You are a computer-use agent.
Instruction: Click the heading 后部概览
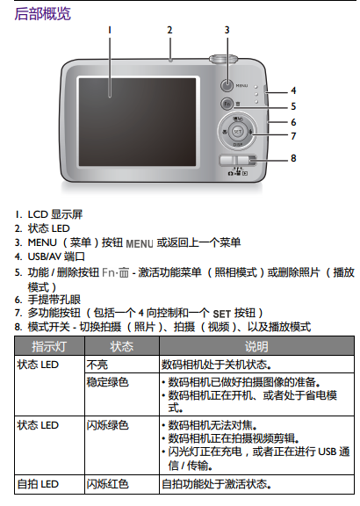42,14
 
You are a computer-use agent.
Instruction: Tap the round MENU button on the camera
227,85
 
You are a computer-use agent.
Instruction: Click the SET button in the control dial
238,132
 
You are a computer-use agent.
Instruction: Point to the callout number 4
293,90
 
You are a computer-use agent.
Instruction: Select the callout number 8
293,158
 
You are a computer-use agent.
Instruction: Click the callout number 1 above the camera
110,30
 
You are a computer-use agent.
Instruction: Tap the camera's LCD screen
138,122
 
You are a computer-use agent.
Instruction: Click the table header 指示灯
49,346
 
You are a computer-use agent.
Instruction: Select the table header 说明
256,346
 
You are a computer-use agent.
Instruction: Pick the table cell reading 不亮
97,365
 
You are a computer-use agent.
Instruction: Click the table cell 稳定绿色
108,382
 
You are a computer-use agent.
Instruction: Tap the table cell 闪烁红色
108,484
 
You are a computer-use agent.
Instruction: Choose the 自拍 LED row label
38,484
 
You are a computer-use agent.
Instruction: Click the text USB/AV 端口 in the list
56,257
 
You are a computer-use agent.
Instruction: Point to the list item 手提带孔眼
54,300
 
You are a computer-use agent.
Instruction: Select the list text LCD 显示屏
55,214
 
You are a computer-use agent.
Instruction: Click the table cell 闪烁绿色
108,425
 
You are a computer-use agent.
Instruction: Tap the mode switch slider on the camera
238,160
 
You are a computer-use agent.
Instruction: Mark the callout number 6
293,122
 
